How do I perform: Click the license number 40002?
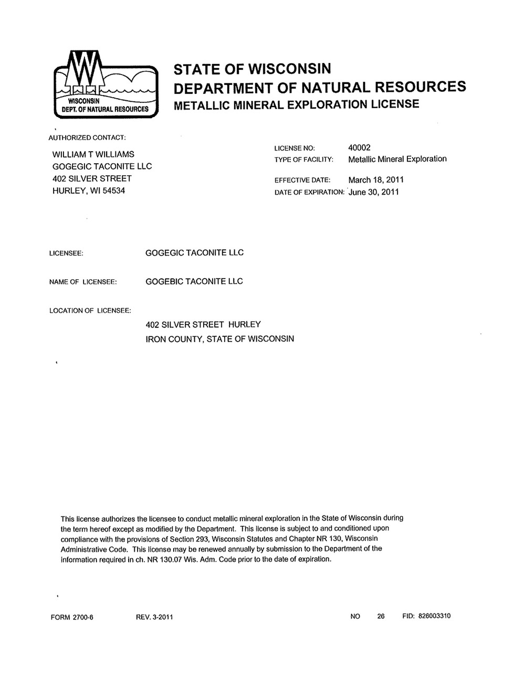pos(359,148)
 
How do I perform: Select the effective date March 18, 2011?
pos(376,180)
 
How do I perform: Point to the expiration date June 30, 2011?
pos(374,192)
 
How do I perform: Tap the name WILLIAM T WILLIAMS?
pos(93,154)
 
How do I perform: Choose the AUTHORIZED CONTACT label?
pos(87,137)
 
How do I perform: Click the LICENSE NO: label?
pos(295,148)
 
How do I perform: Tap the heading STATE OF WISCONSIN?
pos(253,69)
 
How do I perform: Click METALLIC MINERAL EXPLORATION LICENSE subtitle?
pos(297,104)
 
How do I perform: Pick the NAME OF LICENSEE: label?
pos(82,282)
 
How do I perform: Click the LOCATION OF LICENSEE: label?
pos(90,311)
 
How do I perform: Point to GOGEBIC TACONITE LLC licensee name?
pos(194,281)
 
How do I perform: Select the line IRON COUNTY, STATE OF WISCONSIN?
pos(219,339)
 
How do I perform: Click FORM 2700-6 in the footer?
pos(72,617)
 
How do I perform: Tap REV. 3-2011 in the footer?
pos(154,617)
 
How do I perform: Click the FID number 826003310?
pos(434,616)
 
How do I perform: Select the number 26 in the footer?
pos(381,616)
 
